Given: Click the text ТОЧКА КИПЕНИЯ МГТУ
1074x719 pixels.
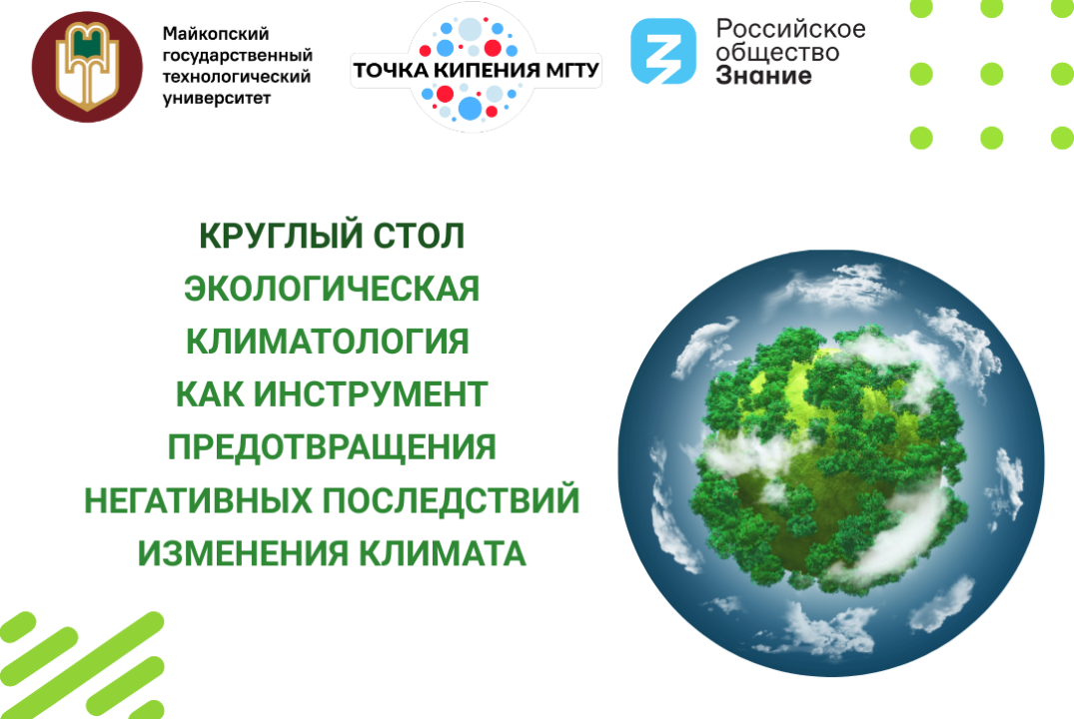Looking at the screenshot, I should (x=476, y=70).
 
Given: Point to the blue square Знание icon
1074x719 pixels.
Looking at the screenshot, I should (x=663, y=52).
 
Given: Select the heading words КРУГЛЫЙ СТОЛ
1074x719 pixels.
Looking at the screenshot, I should (x=333, y=237).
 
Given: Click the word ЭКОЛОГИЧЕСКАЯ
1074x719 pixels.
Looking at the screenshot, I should (x=333, y=289).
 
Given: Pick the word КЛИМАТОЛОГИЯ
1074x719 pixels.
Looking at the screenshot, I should (x=328, y=342).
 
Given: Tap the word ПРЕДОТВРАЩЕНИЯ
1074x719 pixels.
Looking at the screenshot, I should (x=332, y=447).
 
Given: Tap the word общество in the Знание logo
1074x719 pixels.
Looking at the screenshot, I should (x=778, y=52).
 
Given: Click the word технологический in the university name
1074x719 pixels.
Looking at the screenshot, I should (x=237, y=77).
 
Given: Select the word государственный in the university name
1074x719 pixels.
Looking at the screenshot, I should (x=237, y=56).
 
